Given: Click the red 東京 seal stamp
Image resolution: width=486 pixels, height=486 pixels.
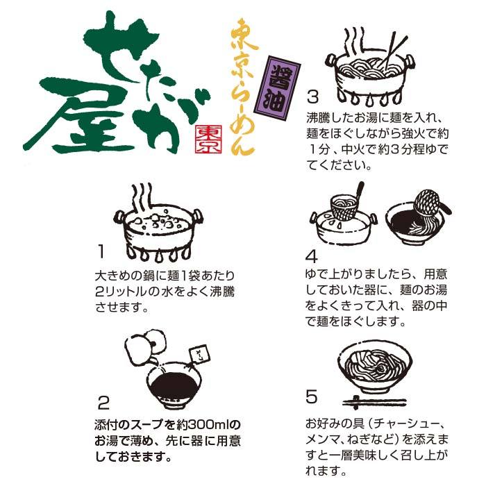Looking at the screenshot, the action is tap(208, 139).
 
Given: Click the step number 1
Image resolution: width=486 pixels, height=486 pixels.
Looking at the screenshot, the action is tap(101, 251).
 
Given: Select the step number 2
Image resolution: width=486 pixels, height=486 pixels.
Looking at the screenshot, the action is tap(103, 402).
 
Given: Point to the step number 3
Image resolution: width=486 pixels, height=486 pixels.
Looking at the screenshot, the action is tap(312, 97).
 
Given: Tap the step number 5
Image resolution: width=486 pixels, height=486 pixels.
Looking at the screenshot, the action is tap(312, 396).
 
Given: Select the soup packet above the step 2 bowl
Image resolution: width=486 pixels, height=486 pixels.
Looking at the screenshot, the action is tap(199, 355).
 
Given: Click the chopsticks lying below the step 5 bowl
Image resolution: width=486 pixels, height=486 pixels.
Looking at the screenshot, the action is tap(374, 403).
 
